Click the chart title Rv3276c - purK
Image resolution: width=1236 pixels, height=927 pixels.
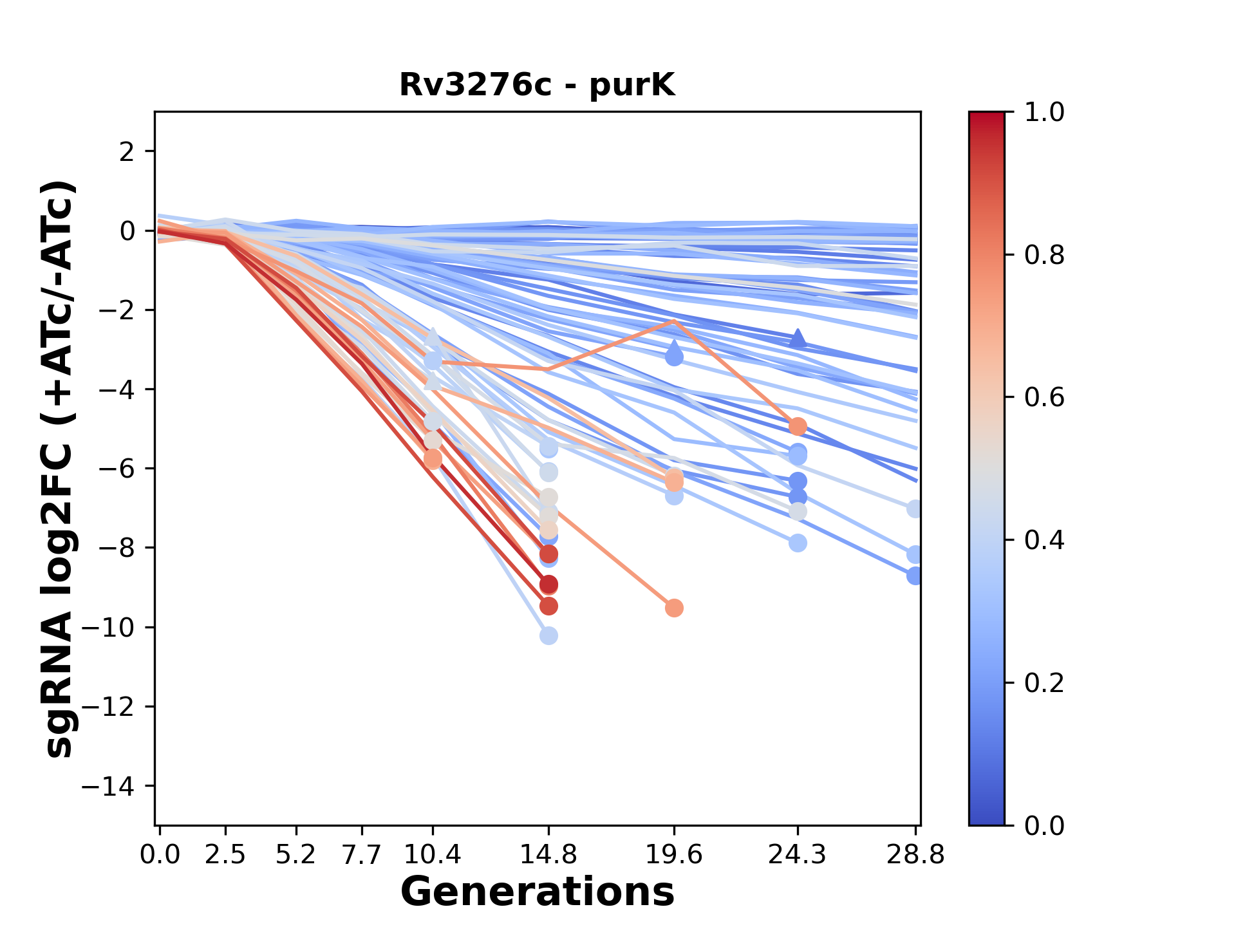537,85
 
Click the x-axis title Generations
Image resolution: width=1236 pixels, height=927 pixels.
537,892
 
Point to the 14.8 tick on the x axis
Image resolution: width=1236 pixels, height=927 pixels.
548,855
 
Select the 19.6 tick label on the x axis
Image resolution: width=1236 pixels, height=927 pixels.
674,855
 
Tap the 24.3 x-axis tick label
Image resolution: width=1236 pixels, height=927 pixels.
798,855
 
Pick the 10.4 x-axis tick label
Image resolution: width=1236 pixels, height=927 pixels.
433,855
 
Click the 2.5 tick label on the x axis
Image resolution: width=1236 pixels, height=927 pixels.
225,855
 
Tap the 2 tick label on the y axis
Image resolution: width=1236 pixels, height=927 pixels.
127,152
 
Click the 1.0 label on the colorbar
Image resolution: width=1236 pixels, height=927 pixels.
1044,113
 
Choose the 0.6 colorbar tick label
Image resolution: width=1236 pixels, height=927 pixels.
1044,398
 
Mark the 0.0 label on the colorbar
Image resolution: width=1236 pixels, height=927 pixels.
1044,825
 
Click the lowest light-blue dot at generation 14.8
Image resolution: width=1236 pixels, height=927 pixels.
548,636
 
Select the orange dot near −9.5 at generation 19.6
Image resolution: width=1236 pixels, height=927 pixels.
674,608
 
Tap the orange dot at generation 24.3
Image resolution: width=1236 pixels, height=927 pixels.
798,426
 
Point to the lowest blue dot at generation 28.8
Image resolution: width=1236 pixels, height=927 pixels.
915,576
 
